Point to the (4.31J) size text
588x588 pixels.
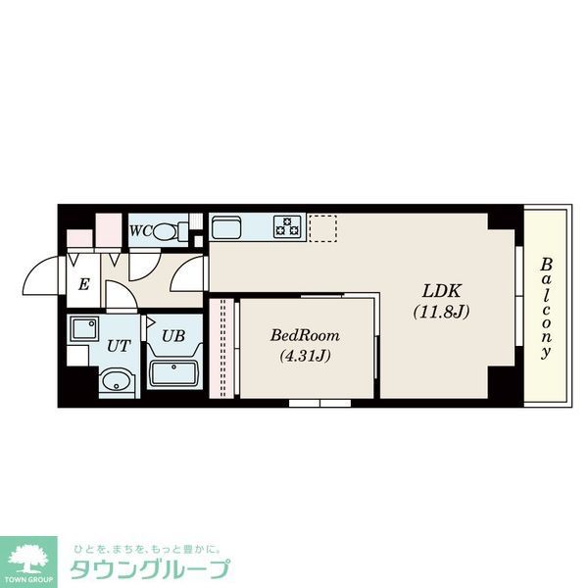pyautogui.click(x=303, y=356)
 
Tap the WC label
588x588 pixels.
pyautogui.click(x=139, y=231)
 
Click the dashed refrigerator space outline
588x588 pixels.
pyautogui.click(x=322, y=227)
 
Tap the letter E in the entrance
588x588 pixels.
pyautogui.click(x=83, y=285)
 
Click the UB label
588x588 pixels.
pyautogui.click(x=172, y=335)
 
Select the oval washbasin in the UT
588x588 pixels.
pyautogui.click(x=116, y=381)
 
